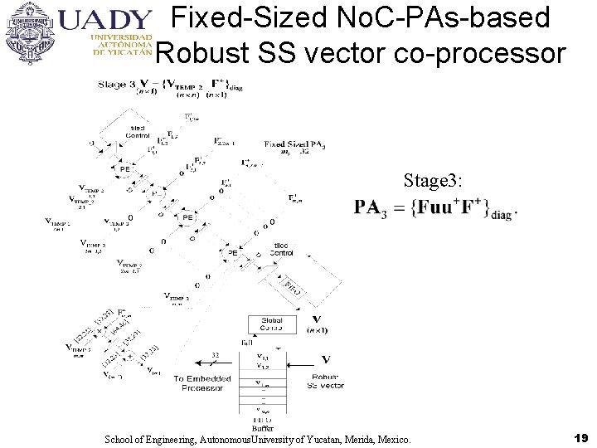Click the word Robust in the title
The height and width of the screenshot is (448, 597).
coord(196,53)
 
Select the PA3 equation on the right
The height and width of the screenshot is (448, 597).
coord(436,207)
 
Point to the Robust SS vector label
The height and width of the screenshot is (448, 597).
coord(325,382)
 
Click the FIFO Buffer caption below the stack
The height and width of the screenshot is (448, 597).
coord(263,425)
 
